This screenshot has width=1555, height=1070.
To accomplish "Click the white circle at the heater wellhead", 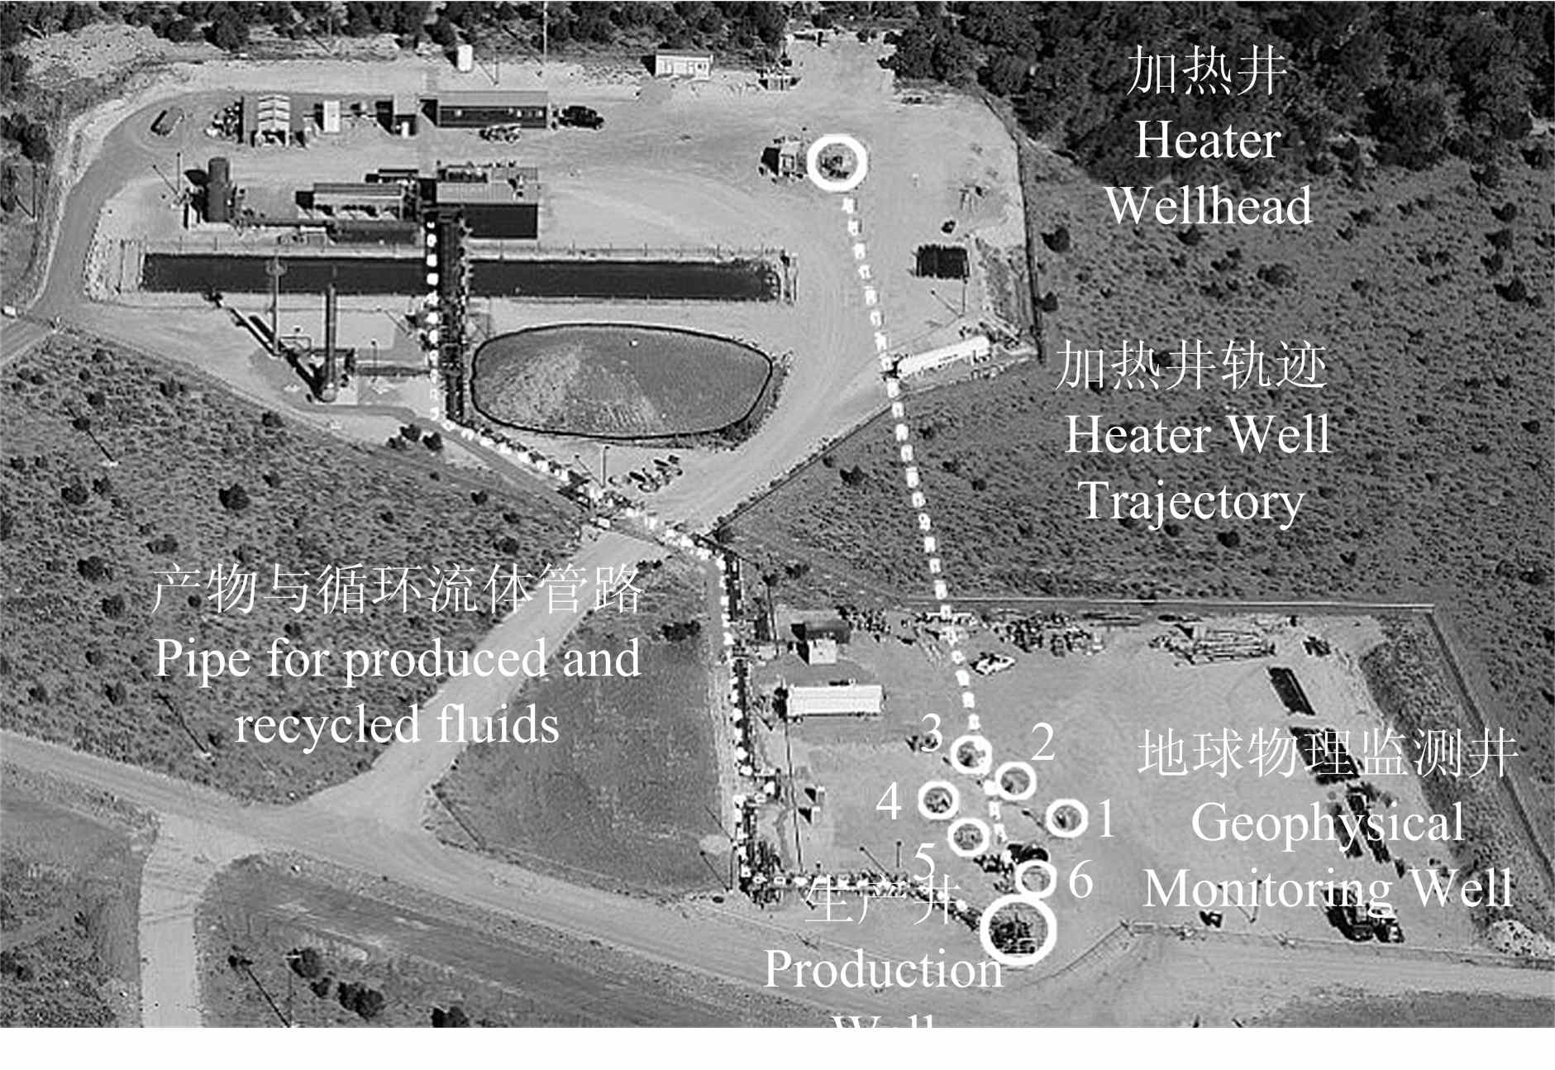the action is point(837,162).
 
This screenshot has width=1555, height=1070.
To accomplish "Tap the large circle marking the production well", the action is point(1018,928).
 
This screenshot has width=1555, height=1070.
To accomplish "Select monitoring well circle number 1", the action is point(1066,818).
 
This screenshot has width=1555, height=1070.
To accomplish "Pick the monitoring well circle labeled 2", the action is point(1014,780).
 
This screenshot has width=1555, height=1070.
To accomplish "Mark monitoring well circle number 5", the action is point(968,836).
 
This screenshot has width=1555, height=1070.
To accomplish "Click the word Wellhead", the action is point(1208,206).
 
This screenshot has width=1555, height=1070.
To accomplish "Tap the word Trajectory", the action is point(1191,502).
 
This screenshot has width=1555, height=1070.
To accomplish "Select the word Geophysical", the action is point(1327,823).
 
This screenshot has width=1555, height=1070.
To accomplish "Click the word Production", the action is point(883,969).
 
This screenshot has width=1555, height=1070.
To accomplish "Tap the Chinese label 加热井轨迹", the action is point(1191,365).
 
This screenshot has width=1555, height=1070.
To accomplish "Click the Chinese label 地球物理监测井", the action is point(1327,753).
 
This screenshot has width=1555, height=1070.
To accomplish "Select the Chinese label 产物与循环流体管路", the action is point(397,590).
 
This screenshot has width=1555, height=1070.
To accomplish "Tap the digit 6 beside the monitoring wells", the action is point(1080,880).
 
